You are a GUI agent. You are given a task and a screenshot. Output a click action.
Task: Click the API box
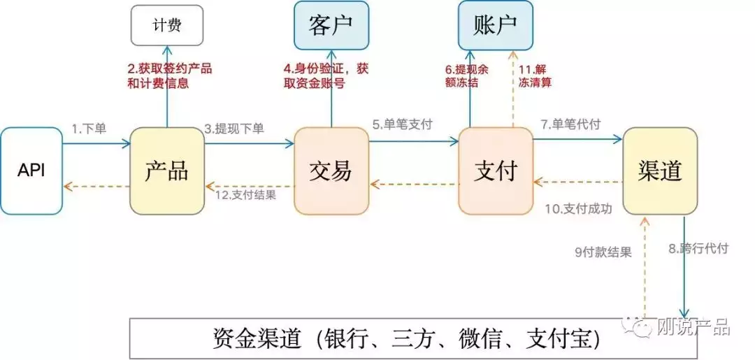(31, 171)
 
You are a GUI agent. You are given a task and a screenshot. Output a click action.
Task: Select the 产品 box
(167, 171)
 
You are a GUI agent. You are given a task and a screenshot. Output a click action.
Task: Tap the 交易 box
(331, 171)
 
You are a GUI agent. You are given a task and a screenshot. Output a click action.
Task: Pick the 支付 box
(496, 171)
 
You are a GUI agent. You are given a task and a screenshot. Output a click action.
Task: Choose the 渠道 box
(660, 171)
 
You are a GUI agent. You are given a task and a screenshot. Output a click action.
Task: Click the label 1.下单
(89, 129)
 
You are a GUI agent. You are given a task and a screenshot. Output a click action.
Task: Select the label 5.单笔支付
(402, 124)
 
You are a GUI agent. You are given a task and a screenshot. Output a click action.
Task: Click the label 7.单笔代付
(570, 124)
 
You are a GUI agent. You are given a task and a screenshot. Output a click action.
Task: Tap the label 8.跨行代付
(698, 249)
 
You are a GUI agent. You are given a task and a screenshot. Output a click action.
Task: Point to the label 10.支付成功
(578, 209)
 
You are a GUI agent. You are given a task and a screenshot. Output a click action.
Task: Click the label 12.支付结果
(247, 196)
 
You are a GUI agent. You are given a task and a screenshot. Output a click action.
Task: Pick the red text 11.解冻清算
(535, 75)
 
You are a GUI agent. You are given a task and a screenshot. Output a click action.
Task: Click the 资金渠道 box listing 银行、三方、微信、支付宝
(400, 338)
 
